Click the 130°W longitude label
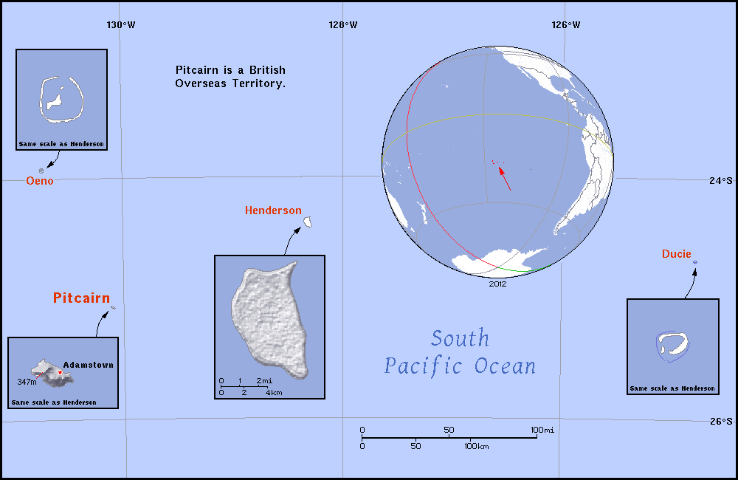pyautogui.click(x=120, y=24)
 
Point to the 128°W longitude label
pyautogui.click(x=343, y=24)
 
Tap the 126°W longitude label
pyautogui.click(x=565, y=24)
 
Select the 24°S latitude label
pyautogui.click(x=721, y=179)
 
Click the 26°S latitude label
pyautogui.click(x=721, y=422)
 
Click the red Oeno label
pyautogui.click(x=40, y=181)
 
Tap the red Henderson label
pyautogui.click(x=273, y=210)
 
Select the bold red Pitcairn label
pyautogui.click(x=81, y=298)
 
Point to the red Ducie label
pyautogui.click(x=677, y=255)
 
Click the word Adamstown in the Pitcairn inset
pyautogui.click(x=89, y=365)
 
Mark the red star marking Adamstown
pyautogui.click(x=60, y=373)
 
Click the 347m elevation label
pyautogui.click(x=27, y=383)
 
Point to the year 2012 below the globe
pyautogui.click(x=497, y=283)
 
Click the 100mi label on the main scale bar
pyautogui.click(x=542, y=430)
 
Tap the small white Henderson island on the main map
pyautogui.click(x=311, y=222)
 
